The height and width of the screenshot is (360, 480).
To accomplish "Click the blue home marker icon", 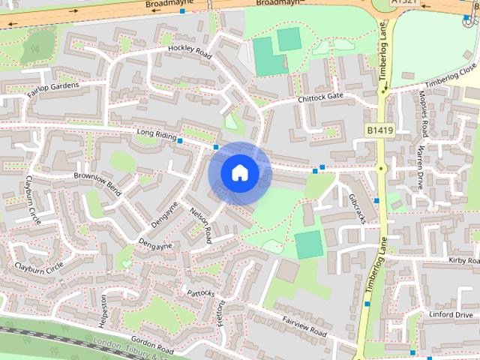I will pos(239,173).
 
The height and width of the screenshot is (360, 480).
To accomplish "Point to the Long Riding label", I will pos(156,134).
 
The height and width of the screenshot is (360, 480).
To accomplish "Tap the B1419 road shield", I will pos(380,130).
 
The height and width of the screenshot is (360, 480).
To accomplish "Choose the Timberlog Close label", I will pos(451,75).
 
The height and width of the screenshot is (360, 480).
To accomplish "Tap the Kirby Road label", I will pos(463,260).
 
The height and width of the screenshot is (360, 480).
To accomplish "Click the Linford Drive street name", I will pos(451,315).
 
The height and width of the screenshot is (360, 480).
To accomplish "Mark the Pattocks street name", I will pos(201,292).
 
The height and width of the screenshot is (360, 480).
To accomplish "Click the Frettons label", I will pos(221,313).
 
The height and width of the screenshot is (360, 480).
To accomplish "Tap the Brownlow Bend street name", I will pos(97,180).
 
